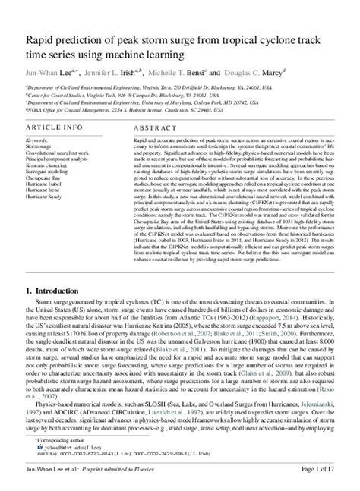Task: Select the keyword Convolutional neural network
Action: click(x=57, y=153)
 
